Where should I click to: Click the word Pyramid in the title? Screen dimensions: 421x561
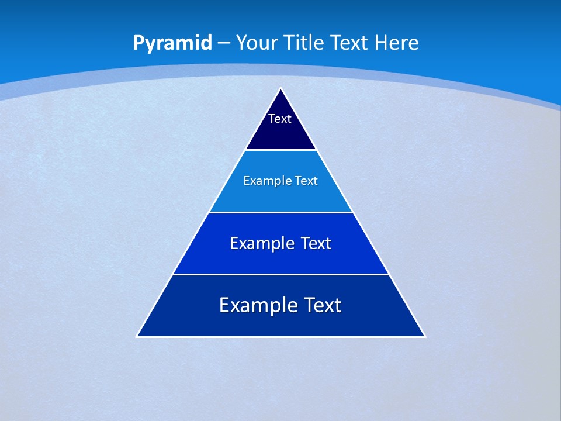172,43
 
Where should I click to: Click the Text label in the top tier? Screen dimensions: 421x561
280,119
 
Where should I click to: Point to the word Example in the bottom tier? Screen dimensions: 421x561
252,305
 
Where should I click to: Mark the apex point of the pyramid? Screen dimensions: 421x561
281,88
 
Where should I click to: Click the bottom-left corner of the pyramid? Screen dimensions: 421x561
137,336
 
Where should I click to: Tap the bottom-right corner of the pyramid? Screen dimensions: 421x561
425,336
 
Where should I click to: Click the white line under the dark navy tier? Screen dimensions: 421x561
281,150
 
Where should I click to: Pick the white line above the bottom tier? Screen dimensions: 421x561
281,274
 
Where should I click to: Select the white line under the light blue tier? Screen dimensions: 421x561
281,212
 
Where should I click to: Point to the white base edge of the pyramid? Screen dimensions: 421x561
281,337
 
